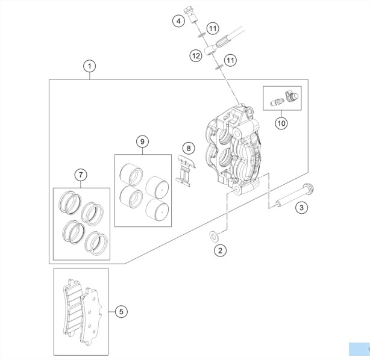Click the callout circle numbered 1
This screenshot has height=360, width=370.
click(89, 66)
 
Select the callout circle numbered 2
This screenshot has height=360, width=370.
click(220, 250)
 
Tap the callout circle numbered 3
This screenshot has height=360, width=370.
click(301, 208)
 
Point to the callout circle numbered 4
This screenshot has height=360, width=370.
click(178, 21)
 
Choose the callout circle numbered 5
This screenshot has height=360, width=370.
click(121, 312)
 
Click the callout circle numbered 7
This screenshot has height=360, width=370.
click(81, 175)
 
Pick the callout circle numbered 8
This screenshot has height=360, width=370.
click(189, 148)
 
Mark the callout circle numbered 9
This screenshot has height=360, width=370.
click(143, 141)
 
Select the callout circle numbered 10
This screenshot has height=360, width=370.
click(281, 123)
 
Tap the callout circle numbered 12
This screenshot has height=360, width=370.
click(196, 56)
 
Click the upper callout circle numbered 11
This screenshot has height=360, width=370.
click(213, 28)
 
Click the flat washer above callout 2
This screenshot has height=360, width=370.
click(214, 237)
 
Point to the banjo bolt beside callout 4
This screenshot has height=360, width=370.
click(190, 15)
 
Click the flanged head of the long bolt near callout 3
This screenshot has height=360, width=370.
click(309, 188)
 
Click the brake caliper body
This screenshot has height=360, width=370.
click(234, 149)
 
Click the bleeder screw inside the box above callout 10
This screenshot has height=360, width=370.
click(277, 102)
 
